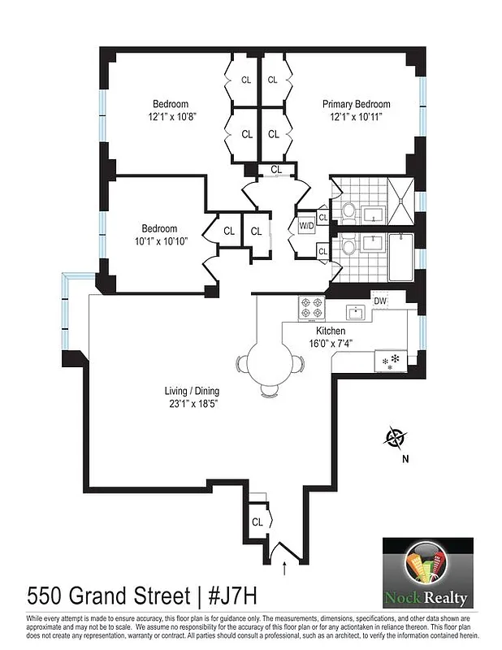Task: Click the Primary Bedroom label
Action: click(356, 104)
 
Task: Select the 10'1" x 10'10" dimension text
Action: click(159, 241)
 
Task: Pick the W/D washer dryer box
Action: click(306, 224)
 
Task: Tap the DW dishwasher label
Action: click(380, 301)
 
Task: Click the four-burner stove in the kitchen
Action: click(311, 308)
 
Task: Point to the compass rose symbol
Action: click(396, 438)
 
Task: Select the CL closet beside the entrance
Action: click(257, 522)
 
